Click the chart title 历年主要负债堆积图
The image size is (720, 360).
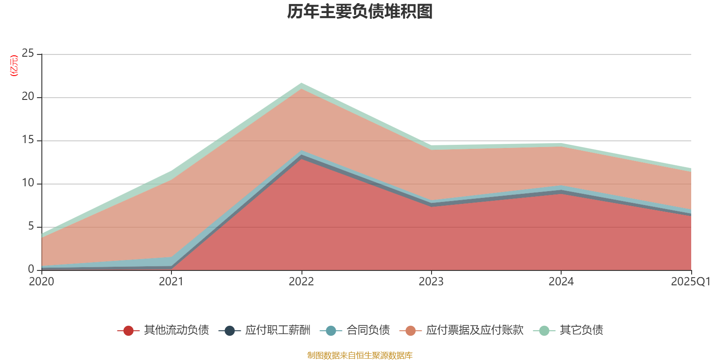point(360,12)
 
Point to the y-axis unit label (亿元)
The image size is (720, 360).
point(14,66)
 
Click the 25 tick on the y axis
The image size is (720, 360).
point(28,54)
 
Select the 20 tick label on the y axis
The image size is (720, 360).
point(28,97)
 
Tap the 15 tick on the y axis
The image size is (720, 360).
point(28,140)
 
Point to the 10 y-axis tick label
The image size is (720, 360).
point(28,183)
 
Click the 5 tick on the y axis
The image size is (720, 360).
point(31,226)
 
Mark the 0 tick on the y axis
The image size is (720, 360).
point(31,269)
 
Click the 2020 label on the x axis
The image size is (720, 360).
point(41,282)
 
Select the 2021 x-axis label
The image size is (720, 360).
point(171,282)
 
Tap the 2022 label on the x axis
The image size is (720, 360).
point(301,282)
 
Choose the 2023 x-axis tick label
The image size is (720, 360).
point(431,282)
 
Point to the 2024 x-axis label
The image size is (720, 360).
point(561,282)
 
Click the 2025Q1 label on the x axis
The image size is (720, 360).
point(690,282)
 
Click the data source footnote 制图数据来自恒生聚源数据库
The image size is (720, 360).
point(360,355)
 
